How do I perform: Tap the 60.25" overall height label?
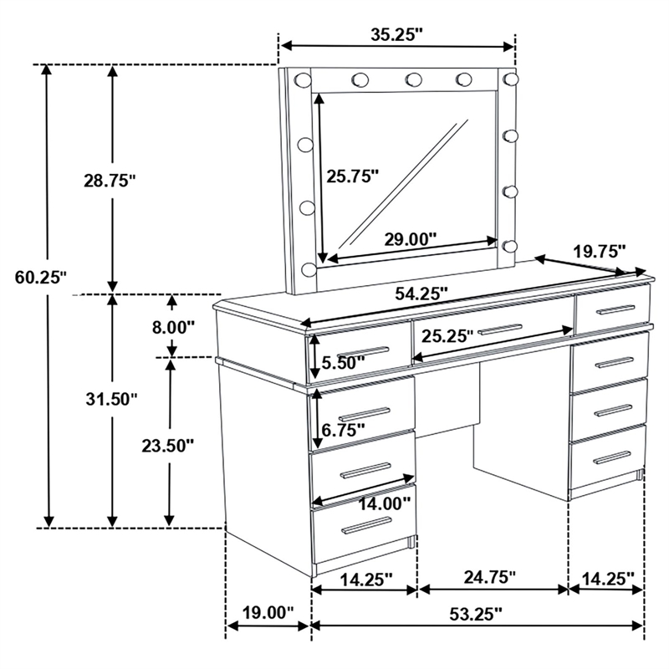click(x=40, y=278)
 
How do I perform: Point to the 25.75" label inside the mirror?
click(x=353, y=176)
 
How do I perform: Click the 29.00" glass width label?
click(x=411, y=238)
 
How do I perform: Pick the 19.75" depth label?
click(x=599, y=251)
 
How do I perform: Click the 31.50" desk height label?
click(x=109, y=399)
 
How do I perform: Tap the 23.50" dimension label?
click(x=167, y=445)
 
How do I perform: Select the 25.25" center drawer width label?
click(x=447, y=335)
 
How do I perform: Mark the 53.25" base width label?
click(x=473, y=613)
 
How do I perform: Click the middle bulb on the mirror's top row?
click(x=413, y=79)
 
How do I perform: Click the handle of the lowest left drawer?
click(x=365, y=524)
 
